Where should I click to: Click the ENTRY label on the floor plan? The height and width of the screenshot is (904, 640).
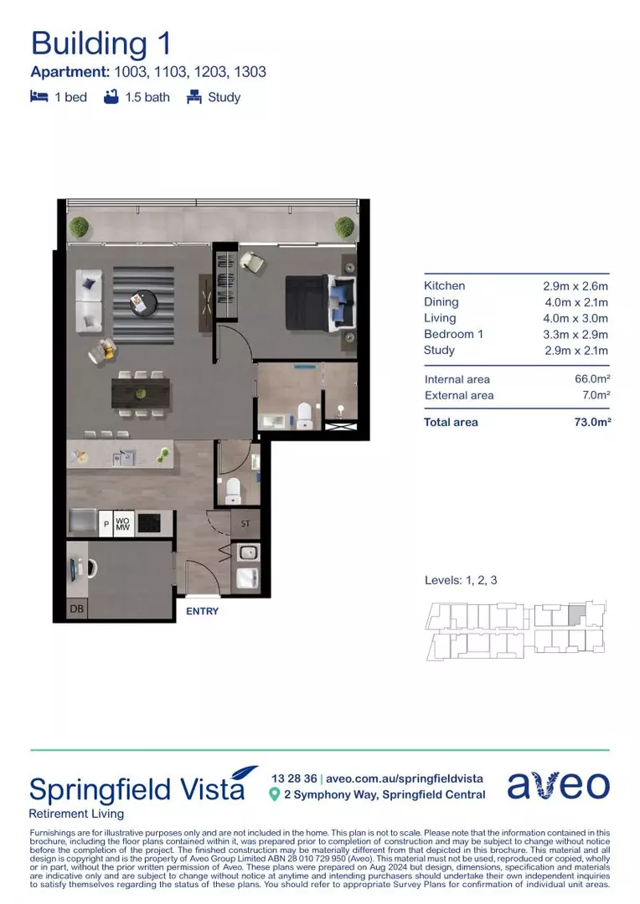point(202,611)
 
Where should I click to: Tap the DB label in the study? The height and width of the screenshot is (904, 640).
point(76,609)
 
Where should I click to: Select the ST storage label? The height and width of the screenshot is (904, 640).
point(245,524)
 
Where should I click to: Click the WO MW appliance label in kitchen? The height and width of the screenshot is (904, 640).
point(122,524)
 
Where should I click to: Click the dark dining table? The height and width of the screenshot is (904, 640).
point(141,393)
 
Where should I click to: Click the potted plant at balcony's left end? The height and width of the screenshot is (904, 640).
point(79,226)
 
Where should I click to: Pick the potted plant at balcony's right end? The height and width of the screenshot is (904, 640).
point(345,226)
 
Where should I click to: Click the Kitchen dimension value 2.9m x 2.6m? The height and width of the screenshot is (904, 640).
point(575,286)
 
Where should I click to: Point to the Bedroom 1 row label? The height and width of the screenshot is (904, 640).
point(454,334)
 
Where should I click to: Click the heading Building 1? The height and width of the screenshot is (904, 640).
point(101,44)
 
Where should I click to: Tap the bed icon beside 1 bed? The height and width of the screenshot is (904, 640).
point(38,97)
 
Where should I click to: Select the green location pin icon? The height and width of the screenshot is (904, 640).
point(274,794)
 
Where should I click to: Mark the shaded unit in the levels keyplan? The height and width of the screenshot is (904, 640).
point(576,615)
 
